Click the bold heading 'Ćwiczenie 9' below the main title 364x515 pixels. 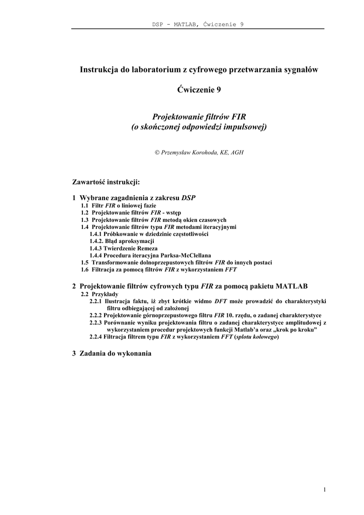(x=199, y=90)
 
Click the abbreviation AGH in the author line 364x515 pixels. (x=237, y=152)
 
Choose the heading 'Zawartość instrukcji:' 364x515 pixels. (x=106, y=181)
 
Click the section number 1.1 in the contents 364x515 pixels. (x=85, y=206)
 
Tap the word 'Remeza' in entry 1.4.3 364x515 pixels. (x=147, y=248)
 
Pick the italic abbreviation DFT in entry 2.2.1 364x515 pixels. (x=221, y=301)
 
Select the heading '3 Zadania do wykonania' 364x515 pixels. (x=112, y=353)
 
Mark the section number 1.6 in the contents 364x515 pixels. (x=85, y=269)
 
